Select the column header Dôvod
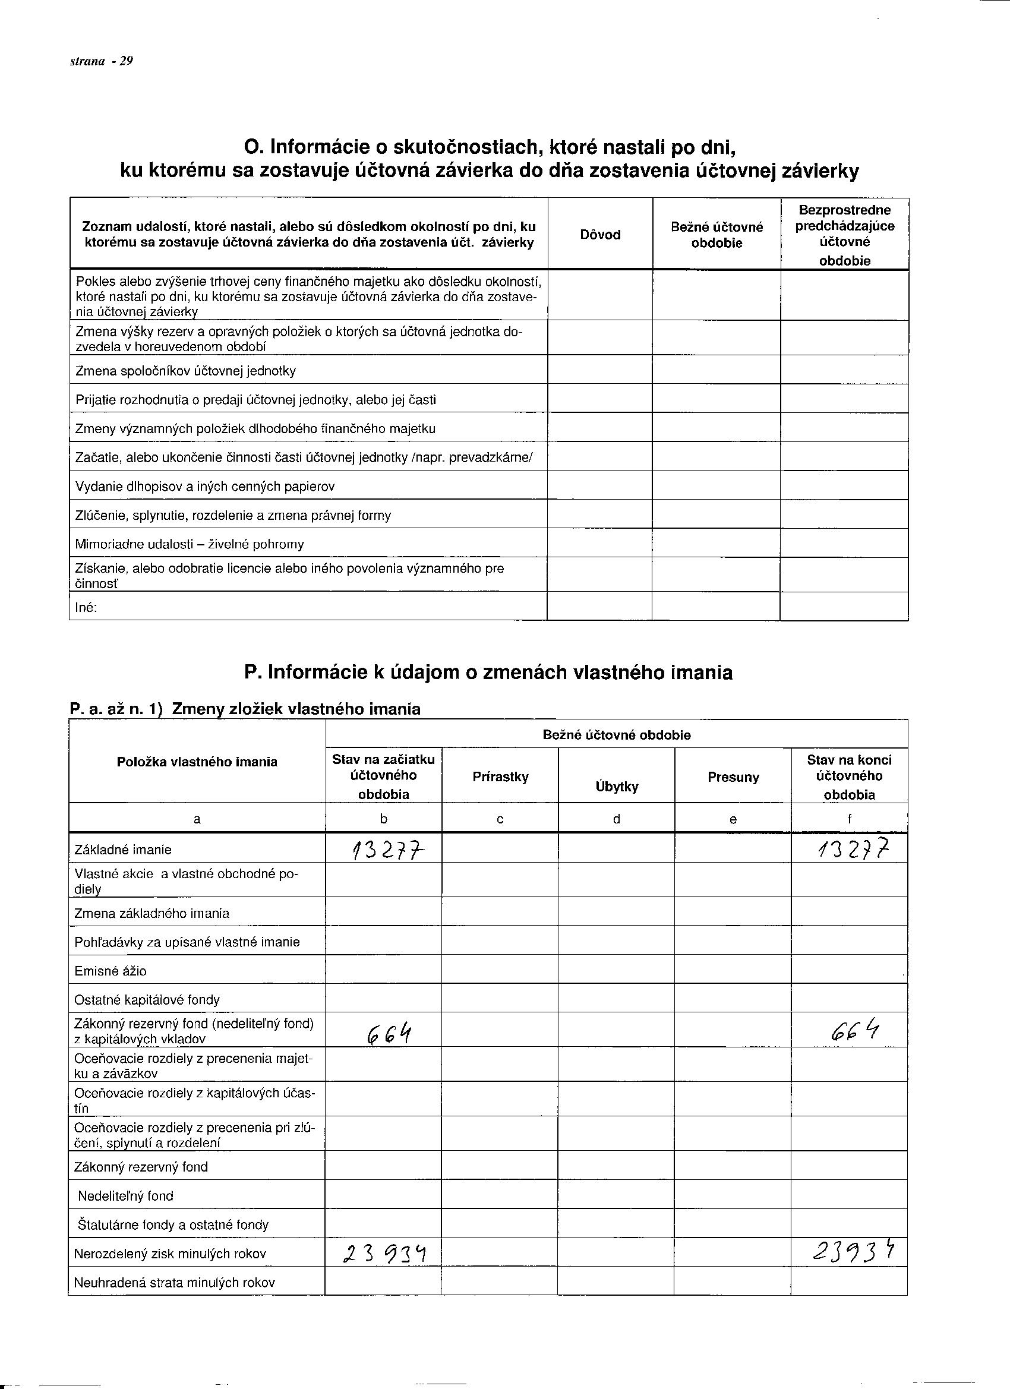pos(599,235)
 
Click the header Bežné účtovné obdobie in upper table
pos(717,235)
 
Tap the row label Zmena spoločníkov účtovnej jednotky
pos(185,371)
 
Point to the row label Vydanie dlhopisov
pos(204,487)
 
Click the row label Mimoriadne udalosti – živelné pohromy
pos(190,544)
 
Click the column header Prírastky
pos(500,776)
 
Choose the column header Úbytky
pos(617,787)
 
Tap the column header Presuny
pos(733,777)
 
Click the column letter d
pos(617,819)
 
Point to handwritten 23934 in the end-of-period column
pos(853,1252)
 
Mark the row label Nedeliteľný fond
pos(125,1195)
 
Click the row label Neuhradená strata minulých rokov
pos(174,1282)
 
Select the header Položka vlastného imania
pos(197,762)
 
